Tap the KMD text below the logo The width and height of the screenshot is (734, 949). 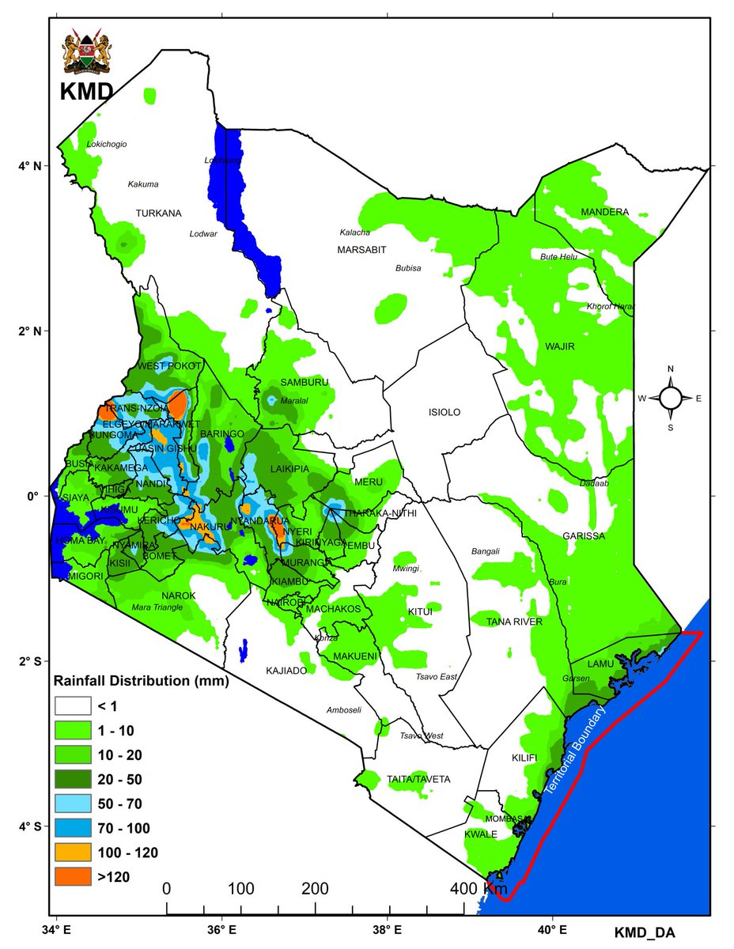tap(85, 93)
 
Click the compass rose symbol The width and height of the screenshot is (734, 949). tap(671, 398)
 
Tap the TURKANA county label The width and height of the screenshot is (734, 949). tap(158, 214)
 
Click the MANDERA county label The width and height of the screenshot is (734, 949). tap(604, 212)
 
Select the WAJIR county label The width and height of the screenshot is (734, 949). tap(559, 346)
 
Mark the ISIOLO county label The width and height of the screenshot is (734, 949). tap(444, 413)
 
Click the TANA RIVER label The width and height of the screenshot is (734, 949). tap(514, 622)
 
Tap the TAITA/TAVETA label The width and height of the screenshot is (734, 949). tap(418, 779)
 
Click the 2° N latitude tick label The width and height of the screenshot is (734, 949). tap(32, 331)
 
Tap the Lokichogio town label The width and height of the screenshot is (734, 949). tap(106, 144)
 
